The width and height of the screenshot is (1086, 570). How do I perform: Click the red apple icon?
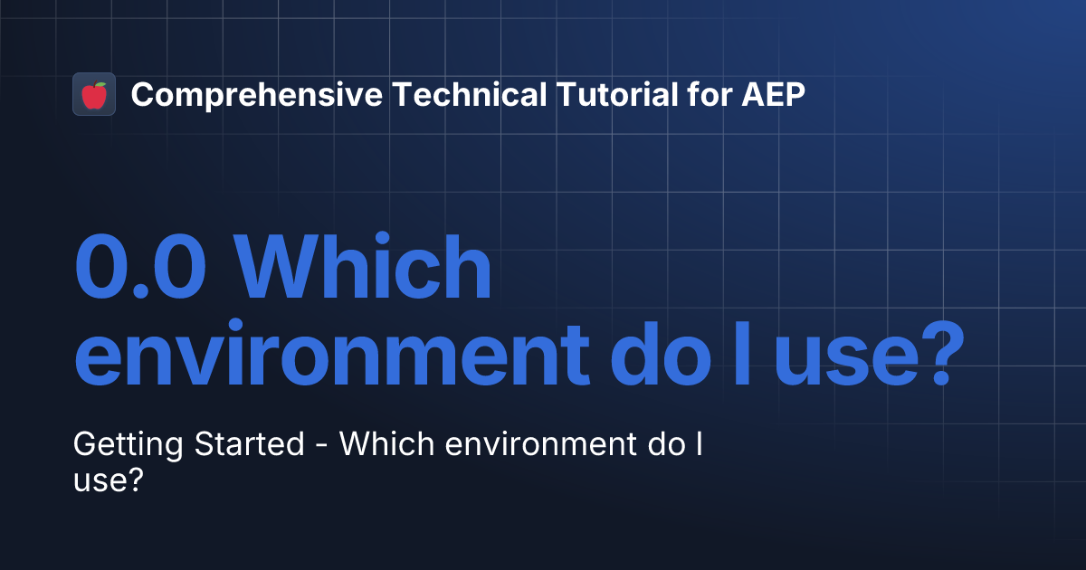point(94,94)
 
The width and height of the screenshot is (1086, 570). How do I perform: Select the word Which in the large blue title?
point(368,269)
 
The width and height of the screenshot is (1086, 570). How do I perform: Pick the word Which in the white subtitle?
point(380,445)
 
